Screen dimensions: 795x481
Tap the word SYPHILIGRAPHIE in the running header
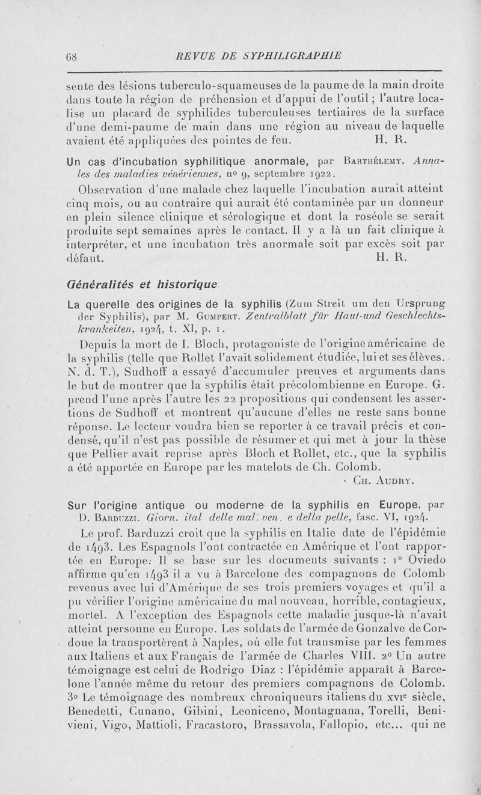click(282, 55)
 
